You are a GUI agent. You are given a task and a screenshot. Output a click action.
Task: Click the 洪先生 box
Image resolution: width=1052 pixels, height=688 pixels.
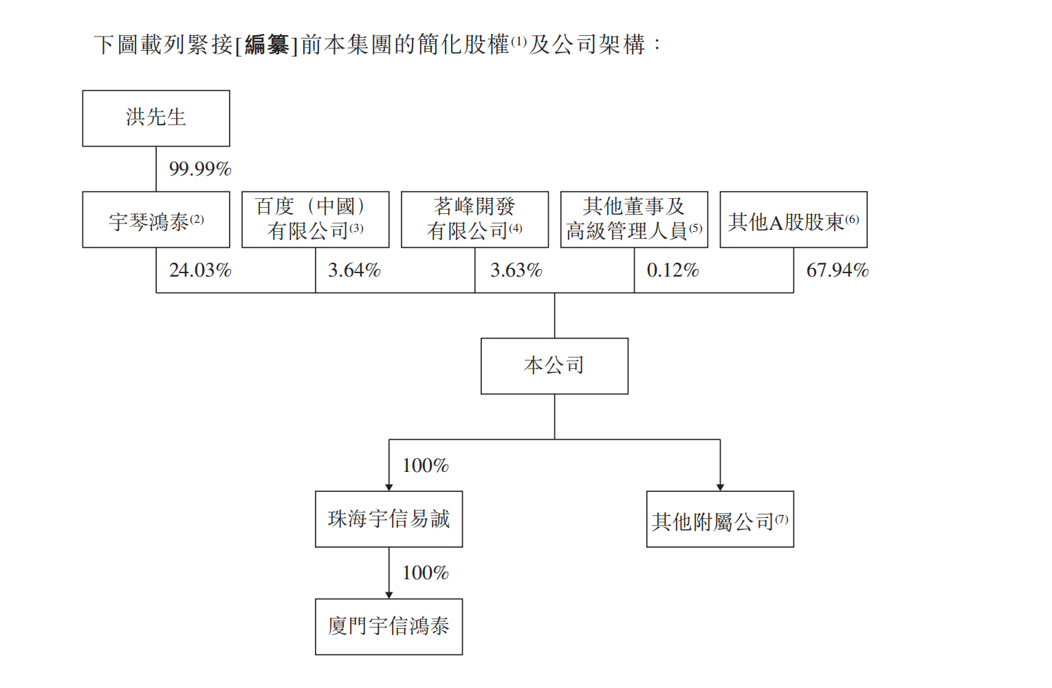coord(156,118)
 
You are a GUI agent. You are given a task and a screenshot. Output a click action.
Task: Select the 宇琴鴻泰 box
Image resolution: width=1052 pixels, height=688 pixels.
coord(156,219)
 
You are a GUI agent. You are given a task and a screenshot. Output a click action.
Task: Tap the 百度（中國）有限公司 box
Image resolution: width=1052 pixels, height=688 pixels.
coord(316,219)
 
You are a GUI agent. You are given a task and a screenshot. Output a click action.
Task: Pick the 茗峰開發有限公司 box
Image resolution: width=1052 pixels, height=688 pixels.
coord(475,219)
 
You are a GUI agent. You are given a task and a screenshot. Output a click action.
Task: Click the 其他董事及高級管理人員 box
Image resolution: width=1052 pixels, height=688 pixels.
coord(634,219)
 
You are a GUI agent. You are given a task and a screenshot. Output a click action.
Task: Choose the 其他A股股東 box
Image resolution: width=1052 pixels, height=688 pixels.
coord(793,219)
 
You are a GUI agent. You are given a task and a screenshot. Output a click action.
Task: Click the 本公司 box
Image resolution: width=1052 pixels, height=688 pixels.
coord(555,366)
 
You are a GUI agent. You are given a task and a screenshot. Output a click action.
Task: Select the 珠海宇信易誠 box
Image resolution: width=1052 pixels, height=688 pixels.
coord(389,519)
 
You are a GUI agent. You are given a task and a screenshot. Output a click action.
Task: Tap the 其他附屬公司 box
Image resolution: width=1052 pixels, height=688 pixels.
coord(720,519)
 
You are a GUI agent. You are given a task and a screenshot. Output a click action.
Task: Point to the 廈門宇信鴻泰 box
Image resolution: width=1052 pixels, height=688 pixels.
coord(389,627)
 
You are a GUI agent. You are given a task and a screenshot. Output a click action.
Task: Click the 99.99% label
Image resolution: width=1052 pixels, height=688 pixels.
coord(200,169)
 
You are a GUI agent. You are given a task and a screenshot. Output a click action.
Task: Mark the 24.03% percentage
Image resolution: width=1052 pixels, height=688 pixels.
coord(200,270)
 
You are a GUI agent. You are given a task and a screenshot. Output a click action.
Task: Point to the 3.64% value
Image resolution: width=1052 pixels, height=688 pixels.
coord(354,270)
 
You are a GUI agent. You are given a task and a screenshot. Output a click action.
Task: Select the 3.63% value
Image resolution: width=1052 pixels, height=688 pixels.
coord(516,270)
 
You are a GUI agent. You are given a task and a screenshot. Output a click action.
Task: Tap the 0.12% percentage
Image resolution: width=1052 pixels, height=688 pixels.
coord(672,270)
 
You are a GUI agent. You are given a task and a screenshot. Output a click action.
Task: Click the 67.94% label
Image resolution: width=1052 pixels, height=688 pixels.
coord(837,270)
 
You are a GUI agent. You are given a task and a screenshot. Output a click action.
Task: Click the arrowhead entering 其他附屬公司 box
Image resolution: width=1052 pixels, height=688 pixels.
coord(720,488)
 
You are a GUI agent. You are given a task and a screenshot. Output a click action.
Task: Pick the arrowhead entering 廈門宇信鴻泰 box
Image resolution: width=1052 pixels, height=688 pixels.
coord(389,595)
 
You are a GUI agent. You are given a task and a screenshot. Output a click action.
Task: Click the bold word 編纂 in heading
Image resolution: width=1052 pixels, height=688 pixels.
coord(267,45)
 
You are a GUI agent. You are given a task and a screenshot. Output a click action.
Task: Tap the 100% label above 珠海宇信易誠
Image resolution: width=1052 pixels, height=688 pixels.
coord(426,466)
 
